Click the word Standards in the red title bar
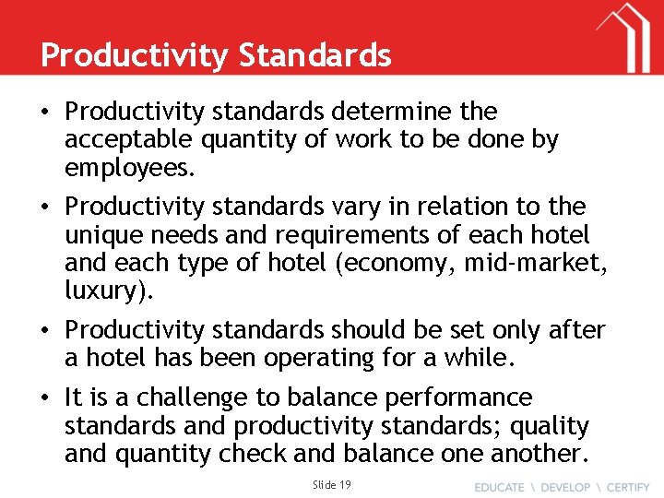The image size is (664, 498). (x=314, y=55)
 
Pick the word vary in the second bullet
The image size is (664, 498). (x=353, y=207)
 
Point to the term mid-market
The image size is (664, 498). (x=543, y=264)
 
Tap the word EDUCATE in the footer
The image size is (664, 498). (x=499, y=486)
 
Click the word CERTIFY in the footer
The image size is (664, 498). (x=622, y=486)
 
